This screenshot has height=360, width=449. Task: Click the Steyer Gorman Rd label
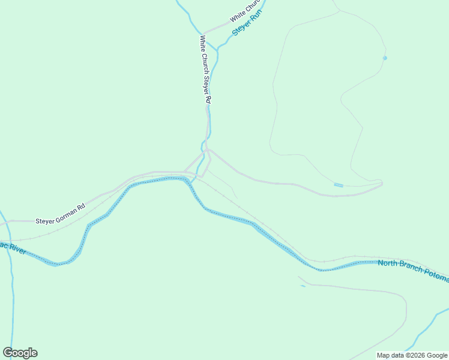click(x=60, y=220)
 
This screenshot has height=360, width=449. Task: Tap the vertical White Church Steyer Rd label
click(x=205, y=70)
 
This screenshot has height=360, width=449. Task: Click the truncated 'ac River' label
click(x=13, y=248)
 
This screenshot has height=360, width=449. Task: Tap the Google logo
click(x=20, y=353)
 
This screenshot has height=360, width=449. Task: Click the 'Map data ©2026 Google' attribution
click(x=412, y=355)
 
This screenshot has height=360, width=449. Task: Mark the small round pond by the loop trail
click(x=385, y=58)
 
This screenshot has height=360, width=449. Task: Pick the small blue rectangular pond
click(x=339, y=185)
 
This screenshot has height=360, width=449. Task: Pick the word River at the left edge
click(x=16, y=249)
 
